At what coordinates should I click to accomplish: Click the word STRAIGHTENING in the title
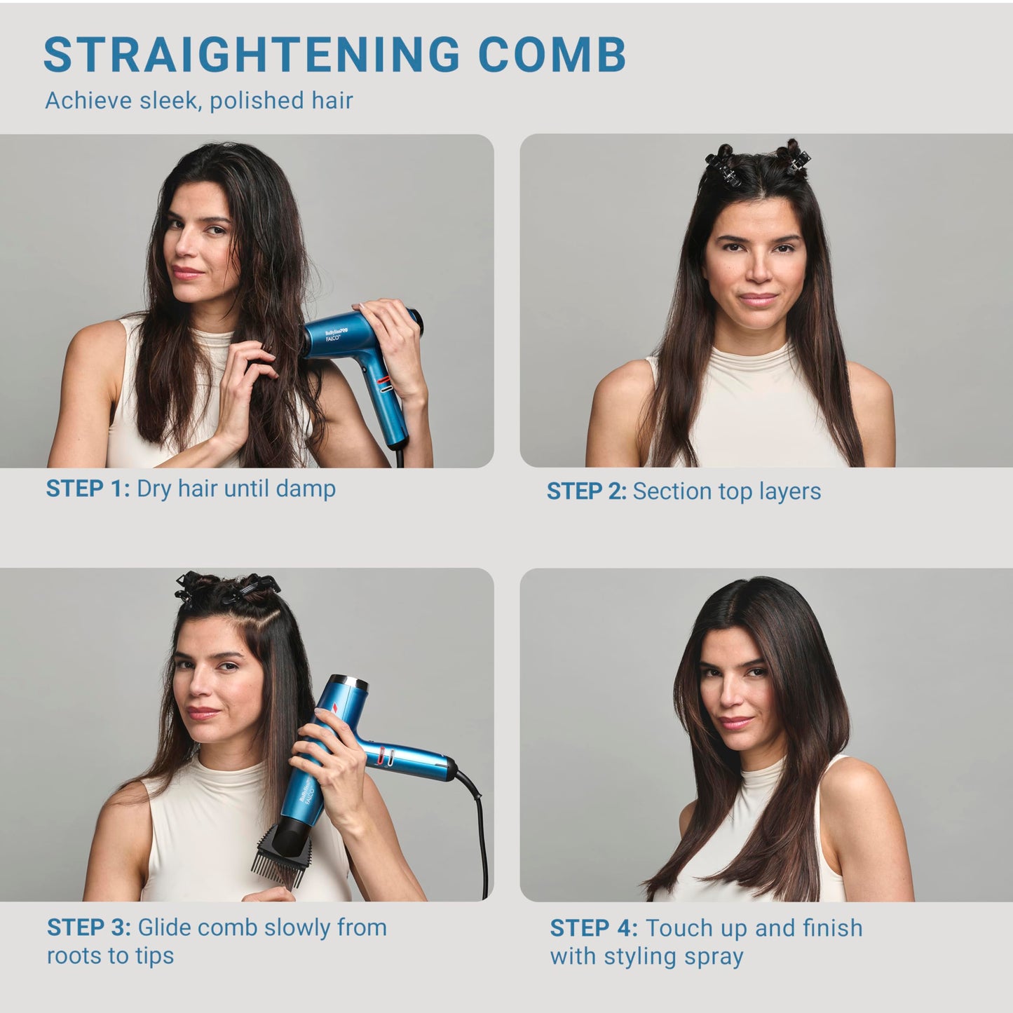[x=252, y=55]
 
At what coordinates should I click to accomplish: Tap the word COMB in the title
[x=552, y=55]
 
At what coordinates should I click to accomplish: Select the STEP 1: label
[x=88, y=489]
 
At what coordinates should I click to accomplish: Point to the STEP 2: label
[x=587, y=491]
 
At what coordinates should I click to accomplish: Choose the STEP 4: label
[x=594, y=927]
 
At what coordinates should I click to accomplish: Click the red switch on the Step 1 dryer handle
[x=383, y=379]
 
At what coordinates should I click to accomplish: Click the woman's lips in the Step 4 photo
[x=735, y=722]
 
